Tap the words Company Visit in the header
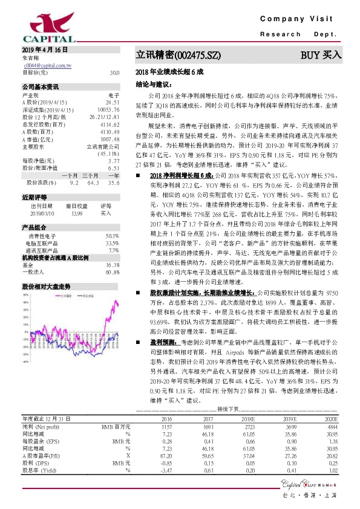300,20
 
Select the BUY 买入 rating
321,55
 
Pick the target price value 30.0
114,73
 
